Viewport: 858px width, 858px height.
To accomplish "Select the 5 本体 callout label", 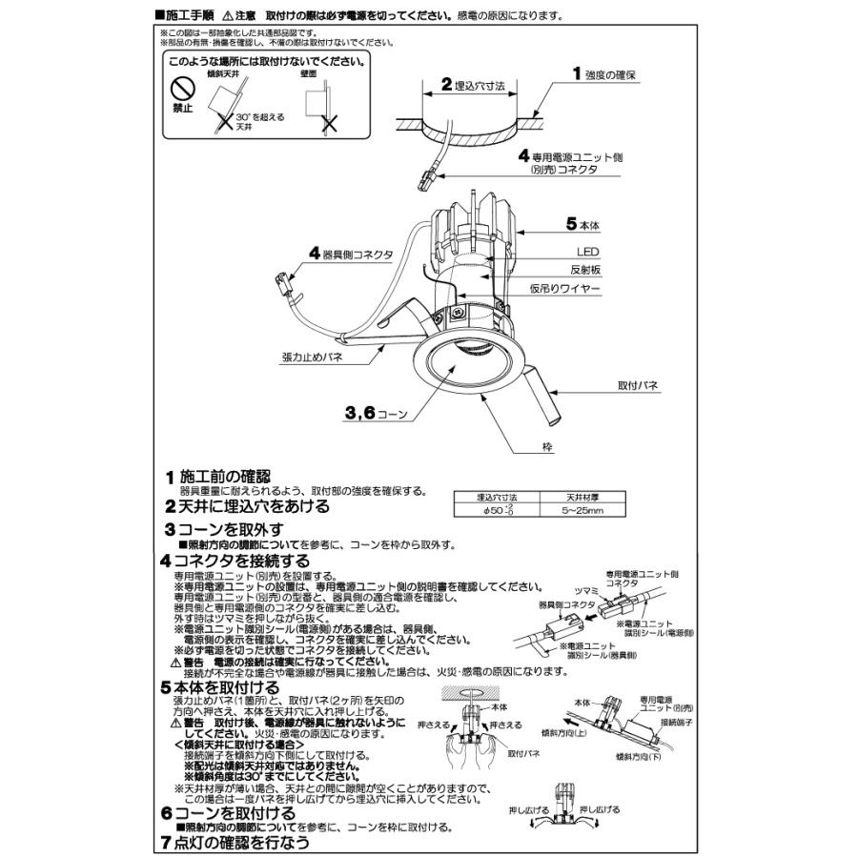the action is pos(582,225).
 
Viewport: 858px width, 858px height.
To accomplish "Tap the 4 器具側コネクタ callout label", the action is pos(350,254).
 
